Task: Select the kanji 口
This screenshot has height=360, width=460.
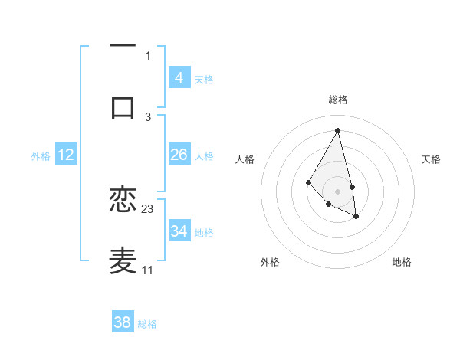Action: point(123,107)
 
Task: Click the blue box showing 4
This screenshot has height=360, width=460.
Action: point(179,78)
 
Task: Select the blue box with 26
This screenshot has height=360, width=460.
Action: point(179,155)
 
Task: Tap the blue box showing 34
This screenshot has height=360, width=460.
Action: point(179,231)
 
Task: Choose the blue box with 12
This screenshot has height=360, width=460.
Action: point(66,155)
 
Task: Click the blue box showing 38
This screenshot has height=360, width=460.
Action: point(123,322)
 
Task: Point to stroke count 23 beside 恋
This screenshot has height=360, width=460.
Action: point(148,208)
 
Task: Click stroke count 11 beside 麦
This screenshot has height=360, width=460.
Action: point(147,270)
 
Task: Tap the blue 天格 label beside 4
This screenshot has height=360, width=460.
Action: point(204,79)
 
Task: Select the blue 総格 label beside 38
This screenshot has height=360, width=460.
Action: point(147,324)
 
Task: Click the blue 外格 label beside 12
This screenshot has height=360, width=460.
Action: point(41,155)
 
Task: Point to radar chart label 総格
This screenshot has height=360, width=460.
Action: point(338,100)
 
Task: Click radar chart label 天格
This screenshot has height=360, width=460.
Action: point(432,159)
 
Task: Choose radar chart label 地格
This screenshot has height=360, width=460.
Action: point(402,262)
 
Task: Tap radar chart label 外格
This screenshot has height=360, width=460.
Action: point(270,262)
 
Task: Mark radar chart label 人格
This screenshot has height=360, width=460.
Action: point(245,159)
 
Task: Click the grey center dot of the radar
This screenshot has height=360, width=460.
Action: point(337,191)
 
